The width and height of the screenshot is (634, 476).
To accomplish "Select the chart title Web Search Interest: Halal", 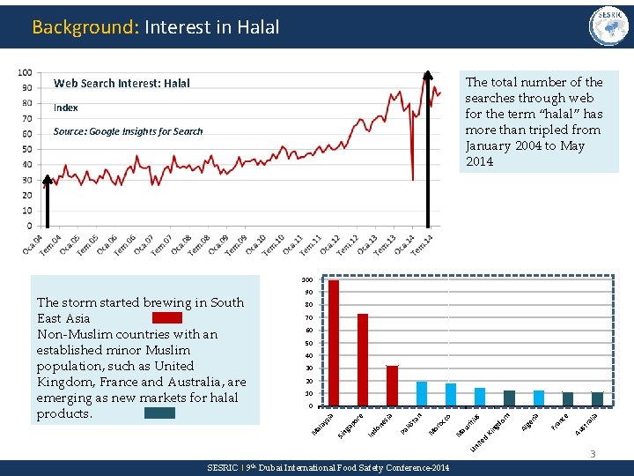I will tap(122, 84).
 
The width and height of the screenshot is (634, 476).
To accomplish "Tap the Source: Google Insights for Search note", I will tap(128, 131).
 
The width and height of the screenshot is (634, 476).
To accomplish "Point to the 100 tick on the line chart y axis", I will tap(25, 72).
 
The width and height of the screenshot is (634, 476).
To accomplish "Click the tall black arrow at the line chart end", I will tap(429, 150).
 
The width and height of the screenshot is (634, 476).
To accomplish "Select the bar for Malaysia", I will tap(334, 343).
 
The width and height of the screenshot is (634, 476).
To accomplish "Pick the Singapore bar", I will tap(363, 360).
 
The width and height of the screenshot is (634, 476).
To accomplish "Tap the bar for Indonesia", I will tap(392, 385).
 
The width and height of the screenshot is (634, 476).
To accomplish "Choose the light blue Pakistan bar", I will tap(422, 393).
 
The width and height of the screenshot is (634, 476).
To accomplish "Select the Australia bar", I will tap(597, 398).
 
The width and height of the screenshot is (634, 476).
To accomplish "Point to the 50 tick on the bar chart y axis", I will tap(308, 343).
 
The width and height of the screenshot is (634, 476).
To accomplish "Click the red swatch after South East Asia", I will tap(166, 317).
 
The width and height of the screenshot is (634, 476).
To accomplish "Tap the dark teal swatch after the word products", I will tap(159, 413).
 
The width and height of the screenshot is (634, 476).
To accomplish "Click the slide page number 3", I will tap(593, 454).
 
